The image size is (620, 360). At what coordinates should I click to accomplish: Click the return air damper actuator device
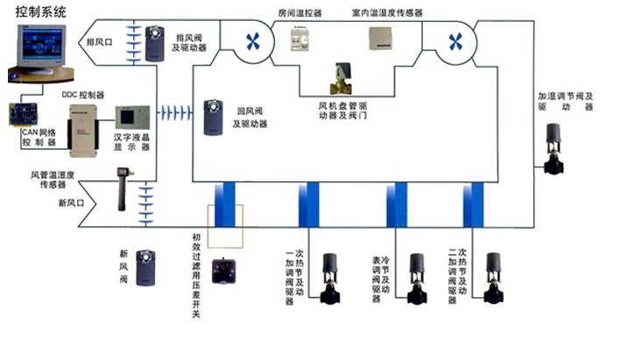pyautogui.click(x=214, y=118)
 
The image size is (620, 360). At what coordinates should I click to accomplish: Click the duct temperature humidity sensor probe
pyautogui.click(x=113, y=189)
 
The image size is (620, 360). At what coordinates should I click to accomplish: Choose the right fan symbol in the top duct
pyautogui.click(x=454, y=40)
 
